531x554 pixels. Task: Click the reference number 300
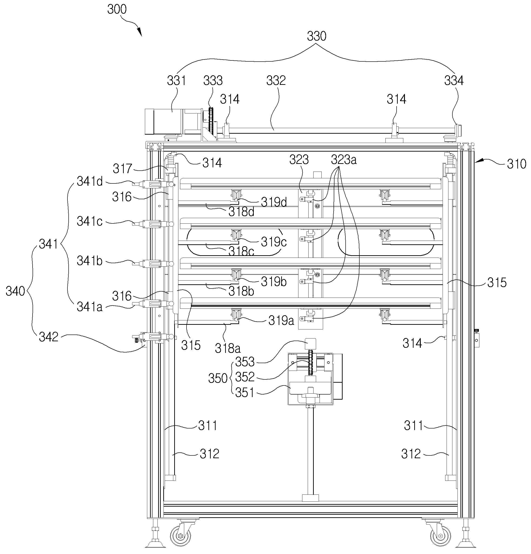[x=117, y=9]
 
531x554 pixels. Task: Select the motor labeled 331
[x=164, y=122]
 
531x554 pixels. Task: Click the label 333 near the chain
[x=213, y=81]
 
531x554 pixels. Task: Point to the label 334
[x=454, y=81]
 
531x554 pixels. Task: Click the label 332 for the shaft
[x=276, y=81]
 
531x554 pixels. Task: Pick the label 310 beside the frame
[x=516, y=164]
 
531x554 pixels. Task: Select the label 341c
[x=89, y=221]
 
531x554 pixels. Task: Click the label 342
[x=49, y=337]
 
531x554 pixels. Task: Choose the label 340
[x=15, y=291]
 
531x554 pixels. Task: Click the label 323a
[x=344, y=160]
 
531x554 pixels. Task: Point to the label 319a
[x=281, y=321]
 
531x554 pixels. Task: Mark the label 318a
[x=228, y=349]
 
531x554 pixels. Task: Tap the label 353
[x=245, y=362]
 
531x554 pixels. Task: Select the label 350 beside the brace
[x=218, y=378]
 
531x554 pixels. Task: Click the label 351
[x=245, y=393]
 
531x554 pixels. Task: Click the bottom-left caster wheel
[x=180, y=536]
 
